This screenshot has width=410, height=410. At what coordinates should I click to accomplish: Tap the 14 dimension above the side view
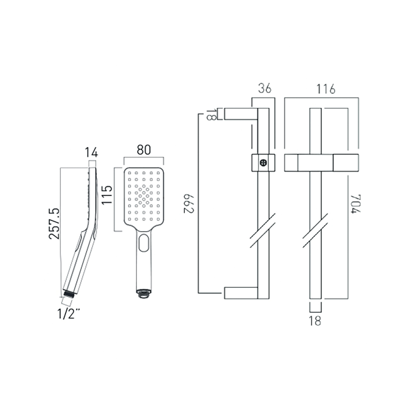(91, 153)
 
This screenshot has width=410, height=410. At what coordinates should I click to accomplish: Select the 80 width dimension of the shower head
(143, 150)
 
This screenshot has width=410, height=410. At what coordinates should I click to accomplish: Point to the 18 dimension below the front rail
(315, 321)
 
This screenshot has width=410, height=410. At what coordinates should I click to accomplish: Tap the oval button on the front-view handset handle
(143, 243)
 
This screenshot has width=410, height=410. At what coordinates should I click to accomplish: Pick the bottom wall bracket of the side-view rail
(241, 293)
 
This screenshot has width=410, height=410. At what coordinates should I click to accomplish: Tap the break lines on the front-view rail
(315, 231)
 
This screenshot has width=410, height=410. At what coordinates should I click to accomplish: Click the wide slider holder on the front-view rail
(321, 162)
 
